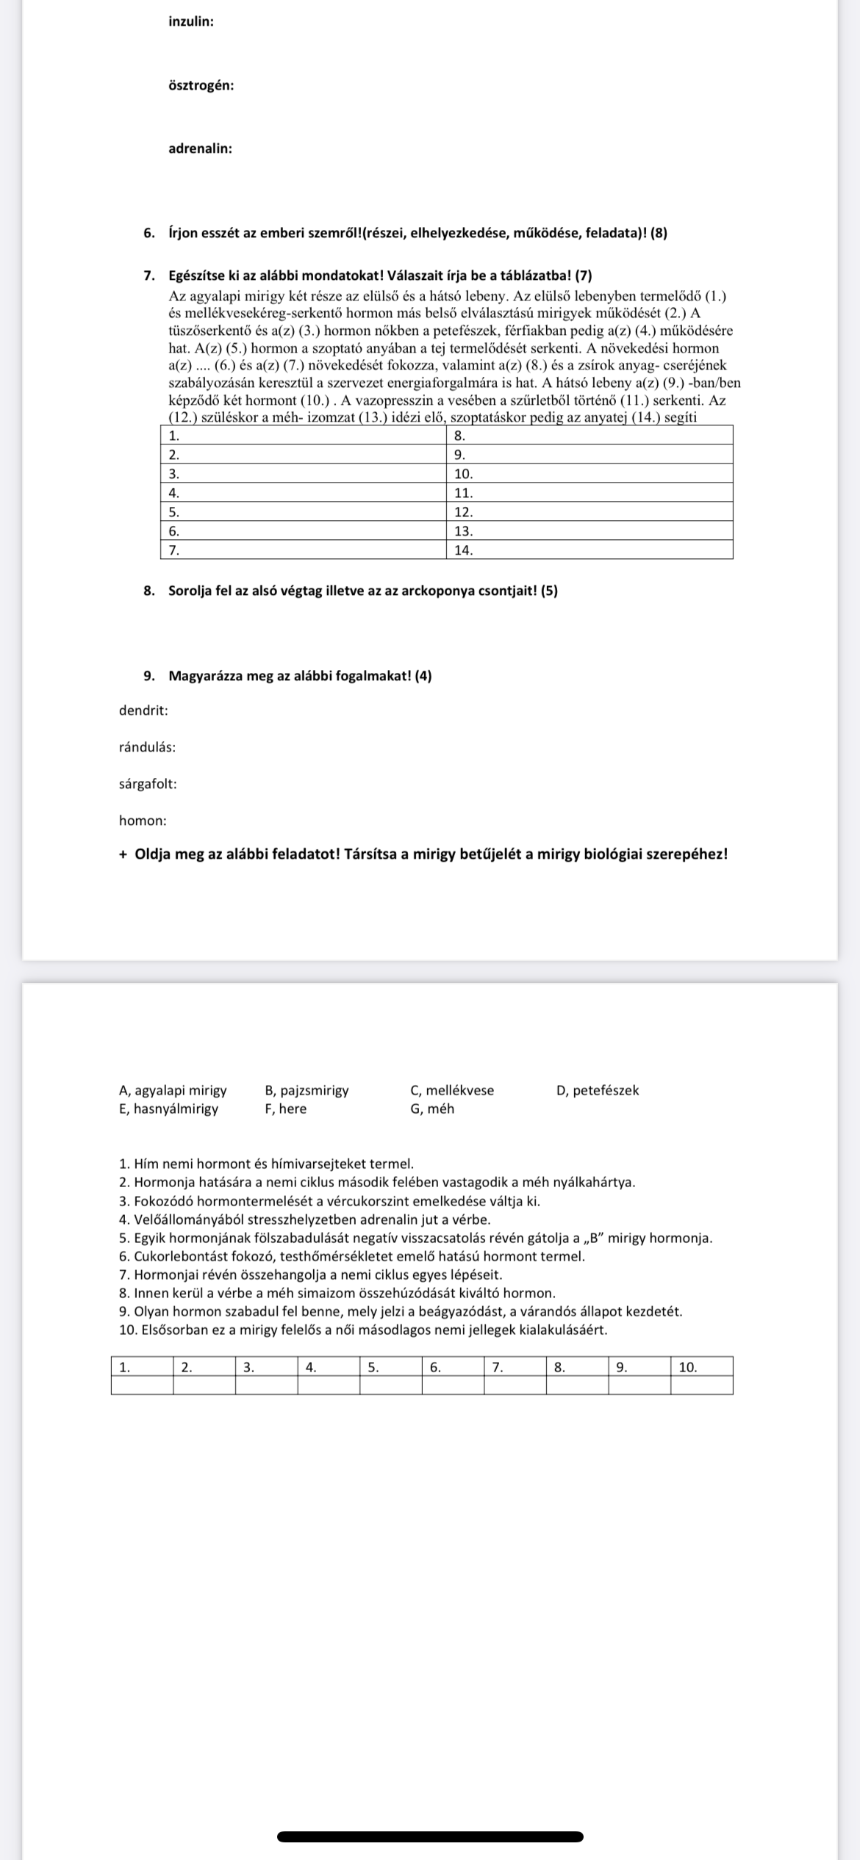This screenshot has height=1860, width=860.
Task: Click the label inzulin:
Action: [x=191, y=22]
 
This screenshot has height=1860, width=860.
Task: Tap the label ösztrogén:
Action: [x=201, y=85]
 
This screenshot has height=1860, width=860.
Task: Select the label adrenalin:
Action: [x=200, y=148]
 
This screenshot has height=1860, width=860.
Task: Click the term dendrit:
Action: [x=143, y=710]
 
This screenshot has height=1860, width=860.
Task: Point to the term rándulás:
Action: [x=147, y=747]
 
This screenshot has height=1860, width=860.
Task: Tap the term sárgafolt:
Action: [x=148, y=784]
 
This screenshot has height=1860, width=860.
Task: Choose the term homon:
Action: [x=143, y=821]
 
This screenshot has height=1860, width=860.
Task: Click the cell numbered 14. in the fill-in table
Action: [x=590, y=549]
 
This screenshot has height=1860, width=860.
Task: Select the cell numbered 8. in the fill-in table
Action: [x=590, y=435]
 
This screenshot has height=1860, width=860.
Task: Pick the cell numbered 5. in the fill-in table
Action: [x=303, y=511]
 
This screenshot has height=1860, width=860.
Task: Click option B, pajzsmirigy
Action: [x=307, y=1090]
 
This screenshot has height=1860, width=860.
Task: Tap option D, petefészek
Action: [x=598, y=1090]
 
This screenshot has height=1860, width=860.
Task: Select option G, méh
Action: [x=432, y=1109]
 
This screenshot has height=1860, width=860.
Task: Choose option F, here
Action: [x=285, y=1109]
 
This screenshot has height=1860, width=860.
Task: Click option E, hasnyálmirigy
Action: [x=168, y=1109]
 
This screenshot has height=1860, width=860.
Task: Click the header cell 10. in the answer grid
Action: [x=701, y=1366]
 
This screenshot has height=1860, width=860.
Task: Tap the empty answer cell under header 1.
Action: [x=142, y=1385]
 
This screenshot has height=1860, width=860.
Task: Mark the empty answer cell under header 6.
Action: [x=453, y=1385]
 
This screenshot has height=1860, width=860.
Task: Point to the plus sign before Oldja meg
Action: [x=123, y=854]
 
